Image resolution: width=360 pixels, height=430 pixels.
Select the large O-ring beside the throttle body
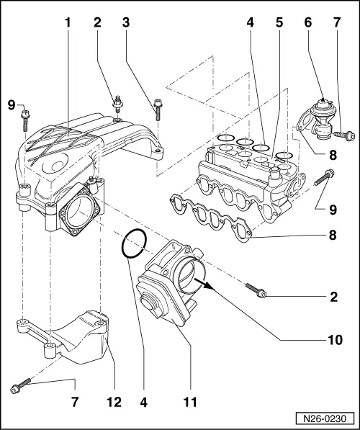(x=133, y=244)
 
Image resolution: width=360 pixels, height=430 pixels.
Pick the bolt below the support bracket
(x=17, y=388)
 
